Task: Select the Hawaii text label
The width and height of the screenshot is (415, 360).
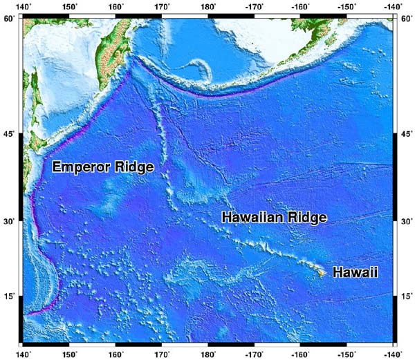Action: [x=355, y=273]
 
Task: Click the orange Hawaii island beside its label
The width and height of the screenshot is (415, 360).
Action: [x=322, y=273]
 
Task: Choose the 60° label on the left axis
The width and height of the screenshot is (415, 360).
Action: [x=10, y=19]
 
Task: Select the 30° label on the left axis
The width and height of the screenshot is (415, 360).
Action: [x=10, y=221]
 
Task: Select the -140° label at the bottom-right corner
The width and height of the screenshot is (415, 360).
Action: [x=392, y=354]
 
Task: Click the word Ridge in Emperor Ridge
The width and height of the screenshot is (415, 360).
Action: [x=133, y=167]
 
